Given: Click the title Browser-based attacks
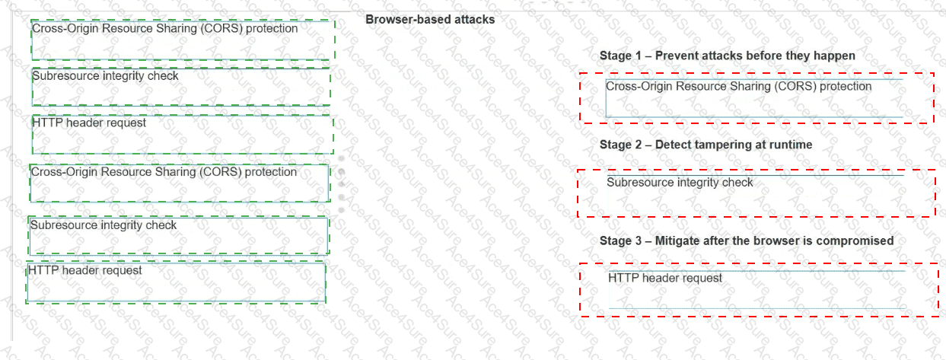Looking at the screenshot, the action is tap(430, 20).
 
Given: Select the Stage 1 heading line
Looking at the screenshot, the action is tap(728, 56).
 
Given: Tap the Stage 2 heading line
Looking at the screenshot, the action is tap(706, 145).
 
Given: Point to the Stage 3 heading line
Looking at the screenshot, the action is tap(747, 241).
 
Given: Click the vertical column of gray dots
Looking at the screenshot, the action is tap(341, 184).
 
